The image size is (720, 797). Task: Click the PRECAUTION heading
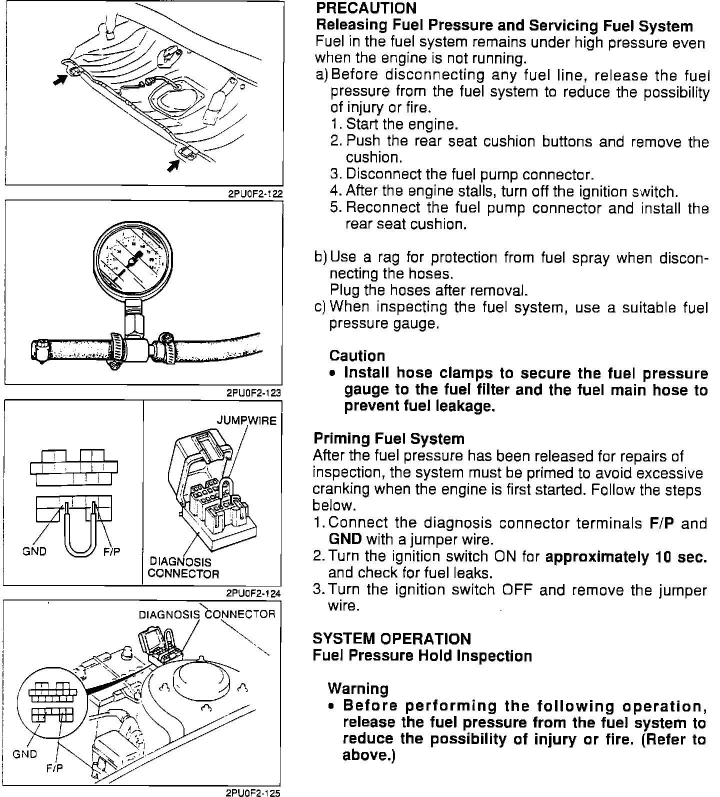(x=366, y=8)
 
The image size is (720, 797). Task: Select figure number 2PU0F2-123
(x=254, y=393)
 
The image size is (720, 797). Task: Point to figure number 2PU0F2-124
(x=254, y=593)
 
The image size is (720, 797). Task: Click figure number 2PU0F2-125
(x=254, y=792)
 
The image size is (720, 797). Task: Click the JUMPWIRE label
(x=246, y=420)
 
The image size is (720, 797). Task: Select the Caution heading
(x=357, y=356)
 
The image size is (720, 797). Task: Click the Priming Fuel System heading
(x=388, y=439)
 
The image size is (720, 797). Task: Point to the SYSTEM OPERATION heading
(x=391, y=639)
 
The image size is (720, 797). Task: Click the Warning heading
(x=358, y=689)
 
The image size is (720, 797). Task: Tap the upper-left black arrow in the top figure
(x=60, y=79)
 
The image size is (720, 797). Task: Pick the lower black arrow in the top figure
(x=173, y=165)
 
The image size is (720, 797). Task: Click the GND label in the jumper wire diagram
(x=34, y=552)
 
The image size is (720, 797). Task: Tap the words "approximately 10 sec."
(x=626, y=557)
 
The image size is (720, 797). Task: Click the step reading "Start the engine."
(x=401, y=124)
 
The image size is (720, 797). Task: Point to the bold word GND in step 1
(x=345, y=539)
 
